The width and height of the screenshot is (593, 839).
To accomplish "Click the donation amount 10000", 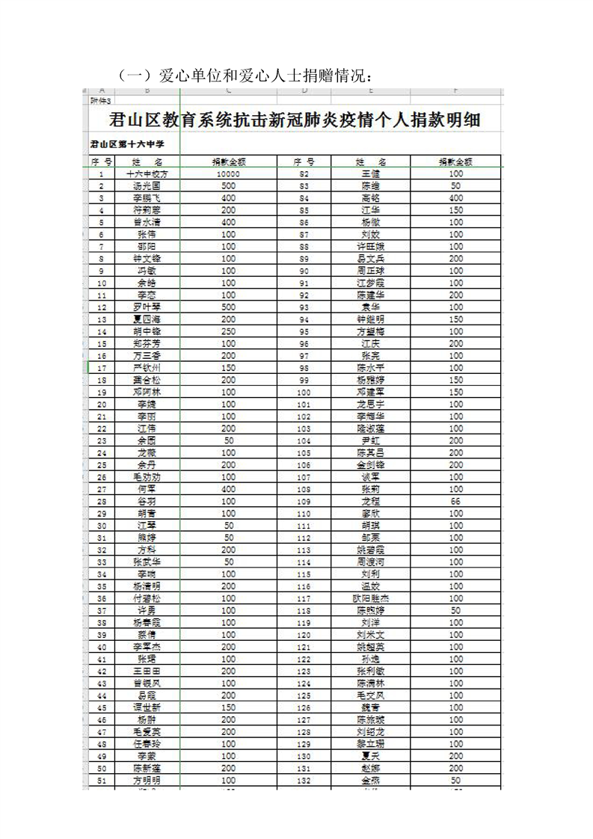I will click(229, 173).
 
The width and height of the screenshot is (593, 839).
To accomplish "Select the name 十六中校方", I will click(147, 173).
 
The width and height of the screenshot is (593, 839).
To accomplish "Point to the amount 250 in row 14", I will click(229, 331).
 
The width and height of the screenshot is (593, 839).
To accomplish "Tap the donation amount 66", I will click(455, 502).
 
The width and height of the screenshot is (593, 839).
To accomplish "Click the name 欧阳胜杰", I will click(371, 598).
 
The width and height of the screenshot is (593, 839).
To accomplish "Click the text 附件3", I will click(100, 100).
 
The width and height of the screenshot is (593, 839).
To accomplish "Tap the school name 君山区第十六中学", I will click(126, 143).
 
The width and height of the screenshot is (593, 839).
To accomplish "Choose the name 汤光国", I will click(147, 185).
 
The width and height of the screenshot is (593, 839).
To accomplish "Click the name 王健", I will click(371, 173).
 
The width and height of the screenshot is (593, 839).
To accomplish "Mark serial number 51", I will click(101, 780).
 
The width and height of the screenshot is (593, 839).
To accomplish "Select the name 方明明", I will click(147, 780).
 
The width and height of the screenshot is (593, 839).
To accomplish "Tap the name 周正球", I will click(371, 271).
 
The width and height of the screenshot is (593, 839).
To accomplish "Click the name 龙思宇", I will click(371, 404).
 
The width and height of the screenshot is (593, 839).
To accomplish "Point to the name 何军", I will click(147, 489).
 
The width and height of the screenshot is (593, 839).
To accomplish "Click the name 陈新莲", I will click(147, 768).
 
